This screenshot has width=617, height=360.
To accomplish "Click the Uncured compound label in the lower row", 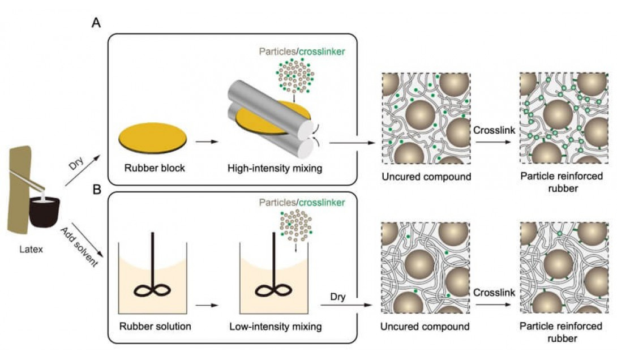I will point(426,326).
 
